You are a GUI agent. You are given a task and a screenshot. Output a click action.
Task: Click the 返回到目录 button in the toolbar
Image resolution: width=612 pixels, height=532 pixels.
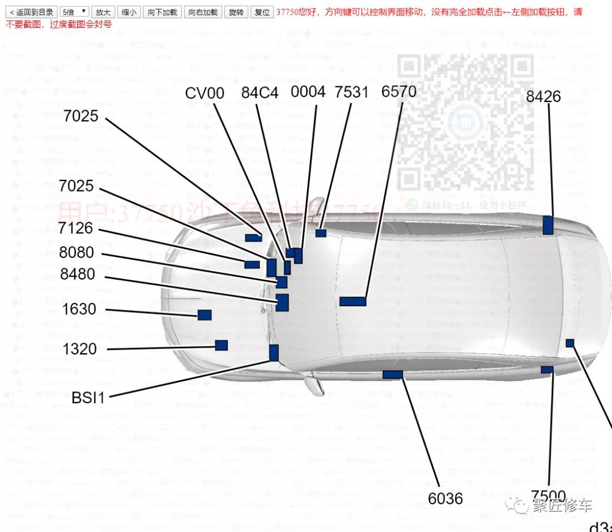(32, 12)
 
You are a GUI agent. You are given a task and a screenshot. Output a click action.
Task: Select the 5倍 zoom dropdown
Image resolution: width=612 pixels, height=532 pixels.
(74, 12)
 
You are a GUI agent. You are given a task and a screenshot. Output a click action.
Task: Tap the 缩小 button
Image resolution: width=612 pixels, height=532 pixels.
(129, 12)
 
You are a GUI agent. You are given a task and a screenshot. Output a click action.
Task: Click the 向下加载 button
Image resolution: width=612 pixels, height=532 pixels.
(162, 12)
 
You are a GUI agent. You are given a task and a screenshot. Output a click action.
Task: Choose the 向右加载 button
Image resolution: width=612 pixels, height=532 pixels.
(203, 12)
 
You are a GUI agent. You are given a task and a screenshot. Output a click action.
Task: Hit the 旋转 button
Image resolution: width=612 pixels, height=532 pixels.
(236, 12)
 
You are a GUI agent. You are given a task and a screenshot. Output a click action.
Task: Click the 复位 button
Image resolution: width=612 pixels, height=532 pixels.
(262, 12)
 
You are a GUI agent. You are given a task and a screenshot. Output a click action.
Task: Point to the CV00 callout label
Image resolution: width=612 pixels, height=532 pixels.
(205, 93)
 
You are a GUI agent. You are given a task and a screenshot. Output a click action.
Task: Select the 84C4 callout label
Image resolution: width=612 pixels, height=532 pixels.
(260, 92)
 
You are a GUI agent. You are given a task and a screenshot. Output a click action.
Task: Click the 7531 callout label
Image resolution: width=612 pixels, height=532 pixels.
(351, 92)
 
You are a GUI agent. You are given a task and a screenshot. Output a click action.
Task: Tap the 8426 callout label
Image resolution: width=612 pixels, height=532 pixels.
(543, 96)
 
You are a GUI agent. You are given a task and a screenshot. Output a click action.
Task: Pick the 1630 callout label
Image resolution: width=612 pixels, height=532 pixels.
(79, 309)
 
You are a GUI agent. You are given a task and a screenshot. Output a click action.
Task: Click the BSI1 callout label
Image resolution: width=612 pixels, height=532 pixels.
(88, 397)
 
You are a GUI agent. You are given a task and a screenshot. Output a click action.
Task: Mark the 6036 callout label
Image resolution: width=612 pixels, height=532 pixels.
(445, 499)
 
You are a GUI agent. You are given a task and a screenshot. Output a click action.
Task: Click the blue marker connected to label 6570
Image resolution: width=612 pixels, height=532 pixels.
(352, 301)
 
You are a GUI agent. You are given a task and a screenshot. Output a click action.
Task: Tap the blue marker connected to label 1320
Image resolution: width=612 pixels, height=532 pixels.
(222, 345)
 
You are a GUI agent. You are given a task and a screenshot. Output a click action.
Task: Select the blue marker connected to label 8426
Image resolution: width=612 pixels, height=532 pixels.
(548, 225)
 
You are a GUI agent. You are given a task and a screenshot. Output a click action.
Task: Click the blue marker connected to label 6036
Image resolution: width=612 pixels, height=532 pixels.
(393, 374)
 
